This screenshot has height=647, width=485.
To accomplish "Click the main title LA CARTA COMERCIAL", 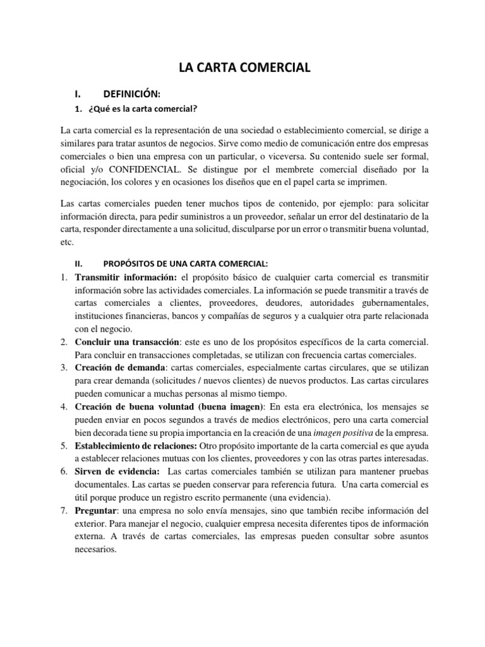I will click(x=242, y=68).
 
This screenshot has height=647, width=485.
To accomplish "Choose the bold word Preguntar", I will click(x=95, y=511).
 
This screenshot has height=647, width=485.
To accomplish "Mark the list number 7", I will click(x=64, y=511).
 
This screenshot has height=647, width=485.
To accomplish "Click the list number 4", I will click(x=64, y=406).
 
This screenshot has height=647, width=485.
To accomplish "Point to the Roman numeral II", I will click(x=78, y=262).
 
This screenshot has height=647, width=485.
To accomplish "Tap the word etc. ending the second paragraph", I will click(x=68, y=241).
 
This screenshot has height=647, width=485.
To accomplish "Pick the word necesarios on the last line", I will click(x=95, y=550).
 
